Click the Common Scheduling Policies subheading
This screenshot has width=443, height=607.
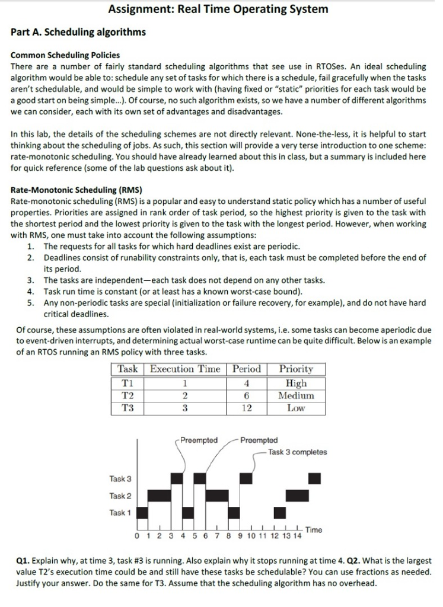(65, 55)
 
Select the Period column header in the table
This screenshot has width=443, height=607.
(247, 369)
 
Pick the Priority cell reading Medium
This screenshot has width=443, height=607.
(295, 395)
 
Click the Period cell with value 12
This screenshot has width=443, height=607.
(247, 408)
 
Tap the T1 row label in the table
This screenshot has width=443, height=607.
(127, 382)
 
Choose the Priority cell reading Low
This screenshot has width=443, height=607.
(295, 408)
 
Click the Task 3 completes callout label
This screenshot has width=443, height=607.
(297, 452)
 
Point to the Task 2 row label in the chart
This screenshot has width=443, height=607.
(120, 496)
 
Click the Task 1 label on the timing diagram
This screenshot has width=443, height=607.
(120, 513)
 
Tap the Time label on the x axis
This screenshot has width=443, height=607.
(314, 529)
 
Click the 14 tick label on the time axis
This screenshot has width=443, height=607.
(297, 536)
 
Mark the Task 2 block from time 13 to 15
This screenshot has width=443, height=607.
(297, 496)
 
